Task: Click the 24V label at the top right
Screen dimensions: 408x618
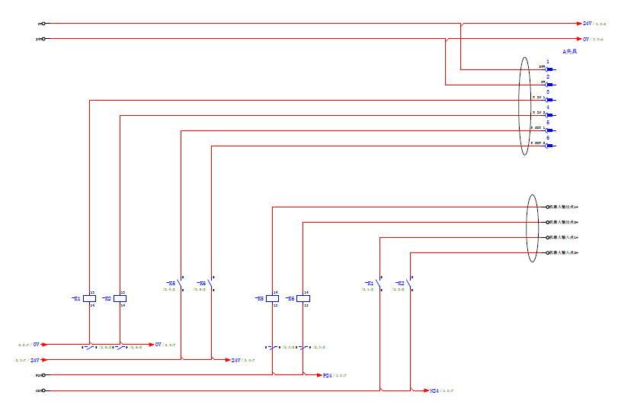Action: [x=588, y=24]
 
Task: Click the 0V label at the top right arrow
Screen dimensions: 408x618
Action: [x=587, y=39]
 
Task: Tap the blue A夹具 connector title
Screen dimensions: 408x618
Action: [x=570, y=51]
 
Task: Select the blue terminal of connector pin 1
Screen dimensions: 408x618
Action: [x=549, y=69]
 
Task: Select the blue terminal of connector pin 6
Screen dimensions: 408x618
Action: [x=549, y=146]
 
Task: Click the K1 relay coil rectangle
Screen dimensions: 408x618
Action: [x=89, y=298]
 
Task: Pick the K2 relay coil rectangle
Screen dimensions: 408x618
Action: [x=120, y=298]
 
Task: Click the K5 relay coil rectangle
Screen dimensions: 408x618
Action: [x=272, y=298]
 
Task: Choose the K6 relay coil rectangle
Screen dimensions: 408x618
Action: [x=303, y=298]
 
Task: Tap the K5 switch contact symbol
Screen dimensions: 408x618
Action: [x=181, y=284]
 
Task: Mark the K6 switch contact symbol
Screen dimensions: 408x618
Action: [x=211, y=284]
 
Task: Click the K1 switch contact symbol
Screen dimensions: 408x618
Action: [x=379, y=284]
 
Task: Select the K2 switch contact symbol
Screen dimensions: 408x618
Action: [x=410, y=284]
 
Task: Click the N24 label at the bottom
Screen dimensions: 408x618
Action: [x=434, y=390]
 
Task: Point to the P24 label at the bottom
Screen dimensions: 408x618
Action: [x=327, y=375]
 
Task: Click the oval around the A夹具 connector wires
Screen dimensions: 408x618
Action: [x=524, y=107]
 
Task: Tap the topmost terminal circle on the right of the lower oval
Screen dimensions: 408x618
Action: [x=547, y=207]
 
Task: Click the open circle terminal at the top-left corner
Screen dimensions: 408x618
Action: [x=43, y=24]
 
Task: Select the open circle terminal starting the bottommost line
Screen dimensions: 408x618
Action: [x=43, y=390]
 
